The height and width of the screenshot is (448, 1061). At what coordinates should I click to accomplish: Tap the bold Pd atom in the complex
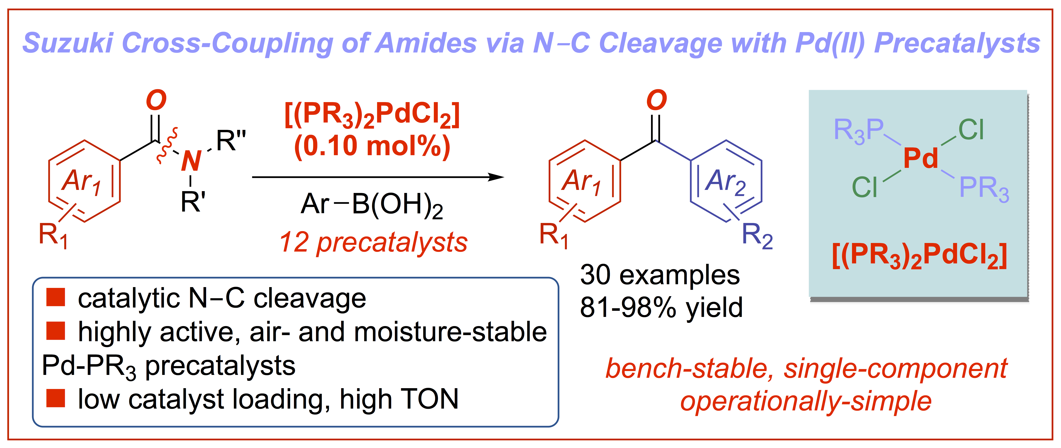pyautogui.click(x=920, y=158)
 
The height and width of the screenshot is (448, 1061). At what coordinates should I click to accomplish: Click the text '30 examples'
pyautogui.click(x=660, y=275)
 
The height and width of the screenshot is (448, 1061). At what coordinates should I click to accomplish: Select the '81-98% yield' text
pyautogui.click(x=661, y=308)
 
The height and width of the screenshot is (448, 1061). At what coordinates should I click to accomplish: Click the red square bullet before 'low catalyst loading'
pyautogui.click(x=56, y=398)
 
